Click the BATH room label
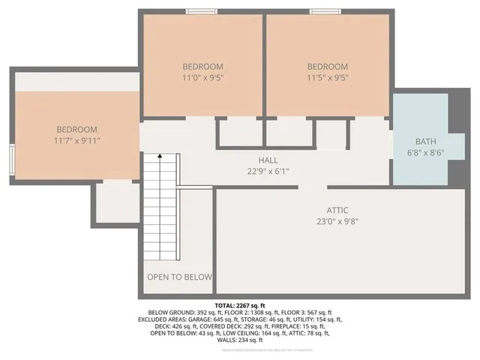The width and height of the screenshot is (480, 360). click(x=426, y=141)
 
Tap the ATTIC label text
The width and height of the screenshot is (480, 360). click(x=337, y=211)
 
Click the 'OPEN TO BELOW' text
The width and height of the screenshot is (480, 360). click(x=180, y=277)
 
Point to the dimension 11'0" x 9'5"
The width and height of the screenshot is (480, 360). click(x=202, y=76)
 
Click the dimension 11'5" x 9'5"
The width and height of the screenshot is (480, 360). click(x=328, y=76)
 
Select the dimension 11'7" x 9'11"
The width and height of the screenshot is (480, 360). click(x=76, y=140)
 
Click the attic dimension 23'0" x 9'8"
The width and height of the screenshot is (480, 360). click(x=337, y=221)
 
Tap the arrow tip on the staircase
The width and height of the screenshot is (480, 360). click(x=160, y=155)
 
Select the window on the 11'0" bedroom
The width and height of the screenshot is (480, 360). click(x=202, y=11)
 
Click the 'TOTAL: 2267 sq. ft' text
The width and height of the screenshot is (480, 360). click(x=240, y=305)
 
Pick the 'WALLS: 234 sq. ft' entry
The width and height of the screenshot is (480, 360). click(x=240, y=342)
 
